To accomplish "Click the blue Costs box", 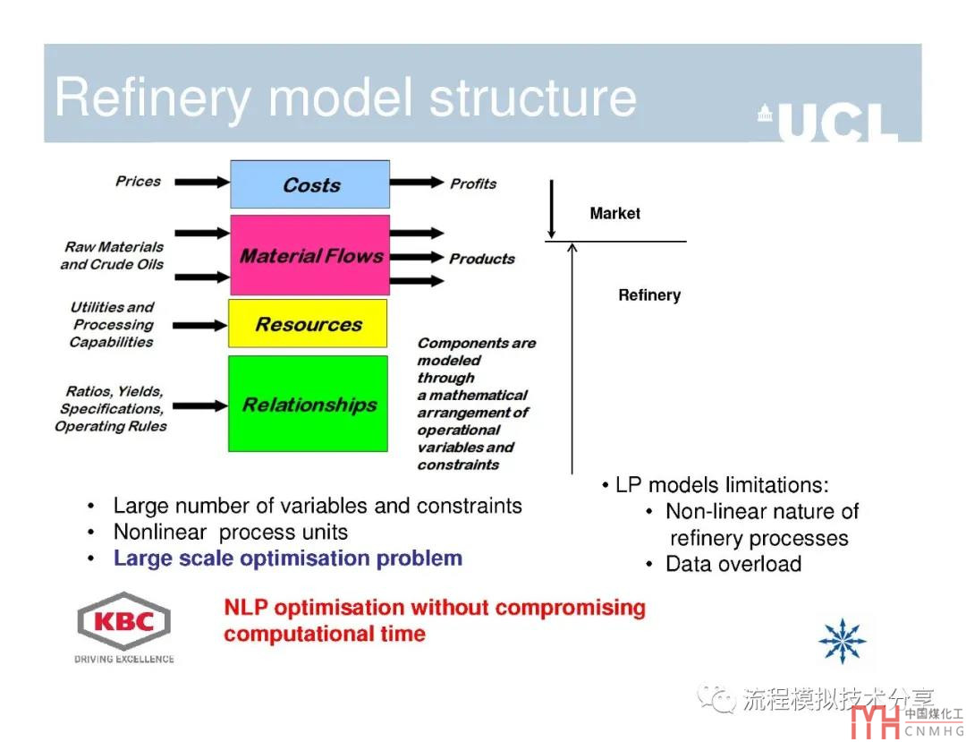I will [x=309, y=184].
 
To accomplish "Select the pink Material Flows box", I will [x=309, y=255].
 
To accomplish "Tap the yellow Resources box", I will [x=308, y=323].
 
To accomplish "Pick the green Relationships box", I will [x=308, y=404].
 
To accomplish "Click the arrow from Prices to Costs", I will [x=201, y=183].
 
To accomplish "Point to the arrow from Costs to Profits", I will [x=417, y=183].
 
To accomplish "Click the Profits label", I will [x=473, y=183].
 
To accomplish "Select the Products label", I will [x=482, y=259].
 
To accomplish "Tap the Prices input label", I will [x=138, y=181].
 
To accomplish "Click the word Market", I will [x=614, y=214].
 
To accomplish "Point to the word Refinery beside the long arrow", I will [x=649, y=295].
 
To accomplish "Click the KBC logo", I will [x=123, y=625].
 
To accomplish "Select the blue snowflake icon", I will [x=842, y=641].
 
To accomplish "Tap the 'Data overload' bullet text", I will [x=733, y=564].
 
